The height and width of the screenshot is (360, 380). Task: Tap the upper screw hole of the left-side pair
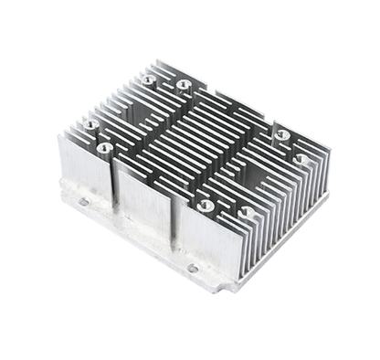pos(90,122)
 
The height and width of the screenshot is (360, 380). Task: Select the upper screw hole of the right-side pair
pos(282,135)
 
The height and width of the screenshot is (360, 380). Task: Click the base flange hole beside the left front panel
pos(81,203)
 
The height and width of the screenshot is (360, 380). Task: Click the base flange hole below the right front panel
pos(193,268)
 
